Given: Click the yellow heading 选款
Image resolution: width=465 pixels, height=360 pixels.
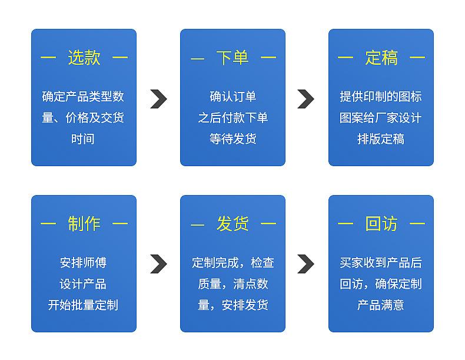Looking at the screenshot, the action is (x=84, y=57).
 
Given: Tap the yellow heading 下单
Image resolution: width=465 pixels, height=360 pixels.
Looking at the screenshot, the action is (x=232, y=57).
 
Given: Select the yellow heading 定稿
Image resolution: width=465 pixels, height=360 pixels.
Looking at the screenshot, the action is (x=381, y=57).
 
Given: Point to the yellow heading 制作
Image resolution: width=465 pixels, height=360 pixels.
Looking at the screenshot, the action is (x=84, y=223).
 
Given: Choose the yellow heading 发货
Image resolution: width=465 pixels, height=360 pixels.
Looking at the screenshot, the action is (x=232, y=223).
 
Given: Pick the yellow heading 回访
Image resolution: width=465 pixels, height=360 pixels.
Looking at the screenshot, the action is (x=381, y=223).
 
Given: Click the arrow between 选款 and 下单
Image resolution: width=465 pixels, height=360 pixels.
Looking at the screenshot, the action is (x=160, y=99).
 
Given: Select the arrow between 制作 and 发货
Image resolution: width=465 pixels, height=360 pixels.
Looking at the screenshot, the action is (x=160, y=264).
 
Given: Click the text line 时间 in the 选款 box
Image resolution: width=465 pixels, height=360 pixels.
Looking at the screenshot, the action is (x=83, y=139).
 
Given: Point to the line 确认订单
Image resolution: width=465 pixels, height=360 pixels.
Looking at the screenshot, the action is (x=233, y=97).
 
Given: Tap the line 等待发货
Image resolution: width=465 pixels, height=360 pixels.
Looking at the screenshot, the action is (x=233, y=139).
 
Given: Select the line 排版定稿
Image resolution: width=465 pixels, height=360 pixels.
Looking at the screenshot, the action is (x=381, y=139).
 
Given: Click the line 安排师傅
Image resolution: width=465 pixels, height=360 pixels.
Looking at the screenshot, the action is (x=83, y=263).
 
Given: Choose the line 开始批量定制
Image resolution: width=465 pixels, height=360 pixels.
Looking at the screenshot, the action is (x=83, y=305).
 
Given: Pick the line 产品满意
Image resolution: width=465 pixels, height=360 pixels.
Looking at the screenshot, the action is (x=381, y=305).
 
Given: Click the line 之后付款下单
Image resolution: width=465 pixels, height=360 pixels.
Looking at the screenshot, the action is (x=233, y=118).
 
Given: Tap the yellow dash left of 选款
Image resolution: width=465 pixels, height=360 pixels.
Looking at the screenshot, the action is (x=48, y=57).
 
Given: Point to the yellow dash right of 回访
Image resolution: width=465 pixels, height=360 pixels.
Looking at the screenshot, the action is (x=417, y=223).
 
